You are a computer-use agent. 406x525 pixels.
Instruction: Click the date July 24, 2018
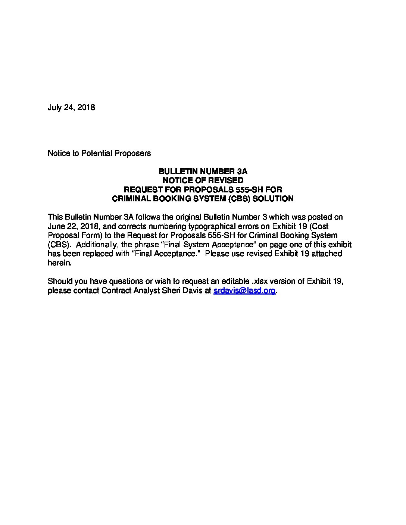pos(71,108)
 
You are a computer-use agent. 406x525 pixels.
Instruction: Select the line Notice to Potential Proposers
pos(99,153)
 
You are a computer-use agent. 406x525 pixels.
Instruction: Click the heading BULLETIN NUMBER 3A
pos(203,172)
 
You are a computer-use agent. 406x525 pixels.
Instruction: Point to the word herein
pos(59,263)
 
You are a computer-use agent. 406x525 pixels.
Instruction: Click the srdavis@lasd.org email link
pos(244,291)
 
